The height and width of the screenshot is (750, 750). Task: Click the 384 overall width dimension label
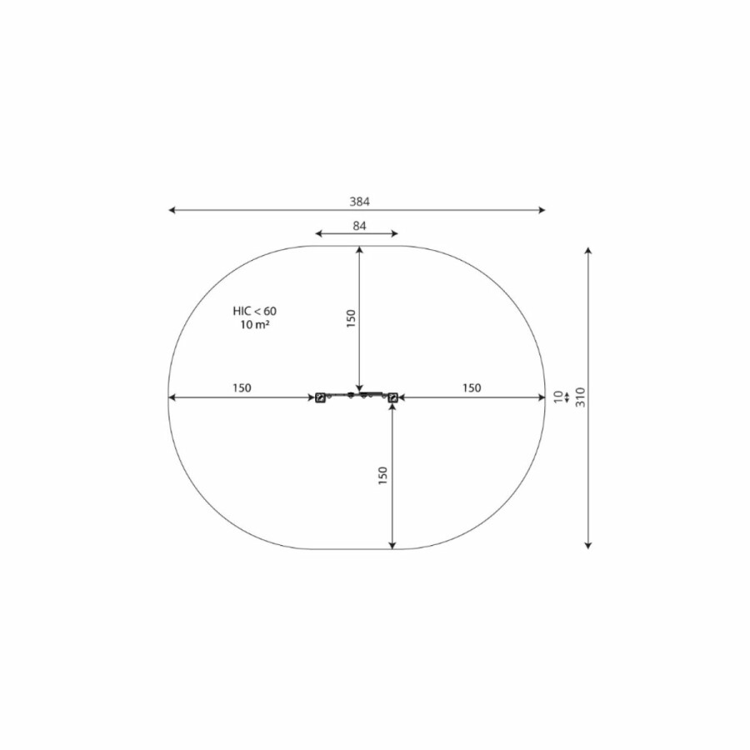[359, 202]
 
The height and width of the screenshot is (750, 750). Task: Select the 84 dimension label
[359, 226]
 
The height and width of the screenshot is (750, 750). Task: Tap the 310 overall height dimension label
[580, 397]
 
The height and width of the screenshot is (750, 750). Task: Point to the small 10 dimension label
[558, 397]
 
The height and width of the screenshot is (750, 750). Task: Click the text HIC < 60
[254, 311]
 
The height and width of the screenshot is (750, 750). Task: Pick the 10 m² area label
[254, 324]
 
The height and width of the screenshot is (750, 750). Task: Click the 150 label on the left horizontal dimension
[242, 387]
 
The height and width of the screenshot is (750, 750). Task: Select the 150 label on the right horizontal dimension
[471, 387]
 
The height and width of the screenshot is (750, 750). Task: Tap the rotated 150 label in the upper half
[351, 318]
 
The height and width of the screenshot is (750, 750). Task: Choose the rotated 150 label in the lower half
[382, 476]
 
